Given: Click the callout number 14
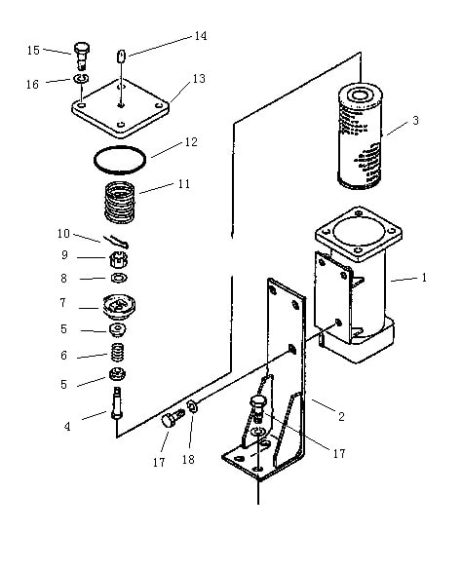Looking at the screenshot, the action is click(x=201, y=36).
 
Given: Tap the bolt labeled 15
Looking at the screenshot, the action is click(x=82, y=56).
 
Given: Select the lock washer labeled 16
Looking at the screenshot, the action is click(x=82, y=78).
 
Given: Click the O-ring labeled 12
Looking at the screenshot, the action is click(x=120, y=160).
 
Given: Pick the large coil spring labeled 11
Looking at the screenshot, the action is click(x=120, y=202).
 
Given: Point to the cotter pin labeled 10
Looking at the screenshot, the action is click(x=116, y=241).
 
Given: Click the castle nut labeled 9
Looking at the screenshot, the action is click(x=119, y=259).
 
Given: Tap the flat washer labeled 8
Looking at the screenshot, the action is click(x=119, y=278).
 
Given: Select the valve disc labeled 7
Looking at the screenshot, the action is click(x=119, y=307).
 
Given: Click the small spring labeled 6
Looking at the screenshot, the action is click(x=118, y=353).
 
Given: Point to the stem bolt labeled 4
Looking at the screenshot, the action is click(x=117, y=403).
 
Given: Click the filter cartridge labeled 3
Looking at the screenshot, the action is click(x=360, y=136).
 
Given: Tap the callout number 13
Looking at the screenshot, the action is click(x=199, y=79).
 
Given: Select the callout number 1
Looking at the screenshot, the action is click(x=424, y=278).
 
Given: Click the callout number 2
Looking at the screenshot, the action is click(x=341, y=416).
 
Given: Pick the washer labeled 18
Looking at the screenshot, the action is click(x=192, y=406).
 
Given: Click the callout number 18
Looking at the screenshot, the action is click(x=188, y=460).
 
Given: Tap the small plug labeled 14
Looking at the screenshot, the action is click(x=121, y=57).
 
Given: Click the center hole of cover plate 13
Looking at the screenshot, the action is click(x=121, y=105).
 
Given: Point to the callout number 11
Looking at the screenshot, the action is click(x=184, y=184).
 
